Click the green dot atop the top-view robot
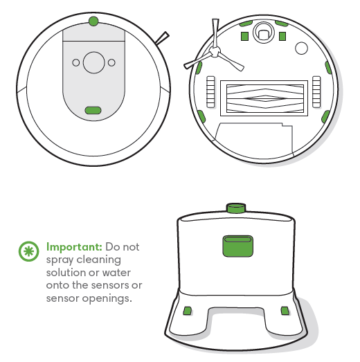(93, 21)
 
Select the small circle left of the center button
(75, 63)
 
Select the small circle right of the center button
(111, 63)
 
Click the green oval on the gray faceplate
(93, 109)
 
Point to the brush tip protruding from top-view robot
(163, 37)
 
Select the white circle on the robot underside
(300, 48)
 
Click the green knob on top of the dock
(235, 208)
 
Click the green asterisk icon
(29, 252)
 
